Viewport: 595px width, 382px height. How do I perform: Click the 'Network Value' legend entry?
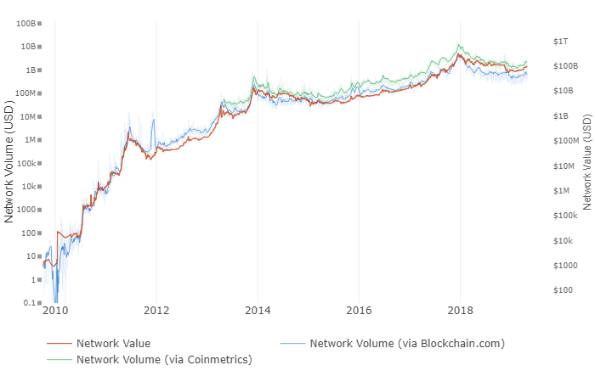point(113,344)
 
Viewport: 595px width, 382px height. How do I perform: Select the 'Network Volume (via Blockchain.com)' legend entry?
point(407,344)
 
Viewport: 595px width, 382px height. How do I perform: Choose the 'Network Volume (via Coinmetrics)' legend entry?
point(164,360)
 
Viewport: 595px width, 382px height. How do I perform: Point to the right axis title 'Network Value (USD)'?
point(586,163)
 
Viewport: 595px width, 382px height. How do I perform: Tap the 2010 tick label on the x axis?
point(55,311)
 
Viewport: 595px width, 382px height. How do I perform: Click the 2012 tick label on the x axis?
point(156,311)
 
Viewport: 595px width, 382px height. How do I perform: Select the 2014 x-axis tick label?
point(258,311)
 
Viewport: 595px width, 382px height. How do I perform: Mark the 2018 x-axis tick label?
point(460,311)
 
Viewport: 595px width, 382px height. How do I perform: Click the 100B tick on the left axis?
point(25,23)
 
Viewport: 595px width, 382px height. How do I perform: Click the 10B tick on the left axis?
point(27,47)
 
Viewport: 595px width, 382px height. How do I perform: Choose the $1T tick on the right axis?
point(560,41)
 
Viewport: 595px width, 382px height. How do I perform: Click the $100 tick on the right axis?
point(562,290)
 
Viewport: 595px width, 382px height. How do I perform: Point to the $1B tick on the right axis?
point(560,115)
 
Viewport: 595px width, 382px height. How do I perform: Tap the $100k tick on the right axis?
point(563,216)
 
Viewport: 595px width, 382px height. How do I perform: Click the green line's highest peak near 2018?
point(460,45)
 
